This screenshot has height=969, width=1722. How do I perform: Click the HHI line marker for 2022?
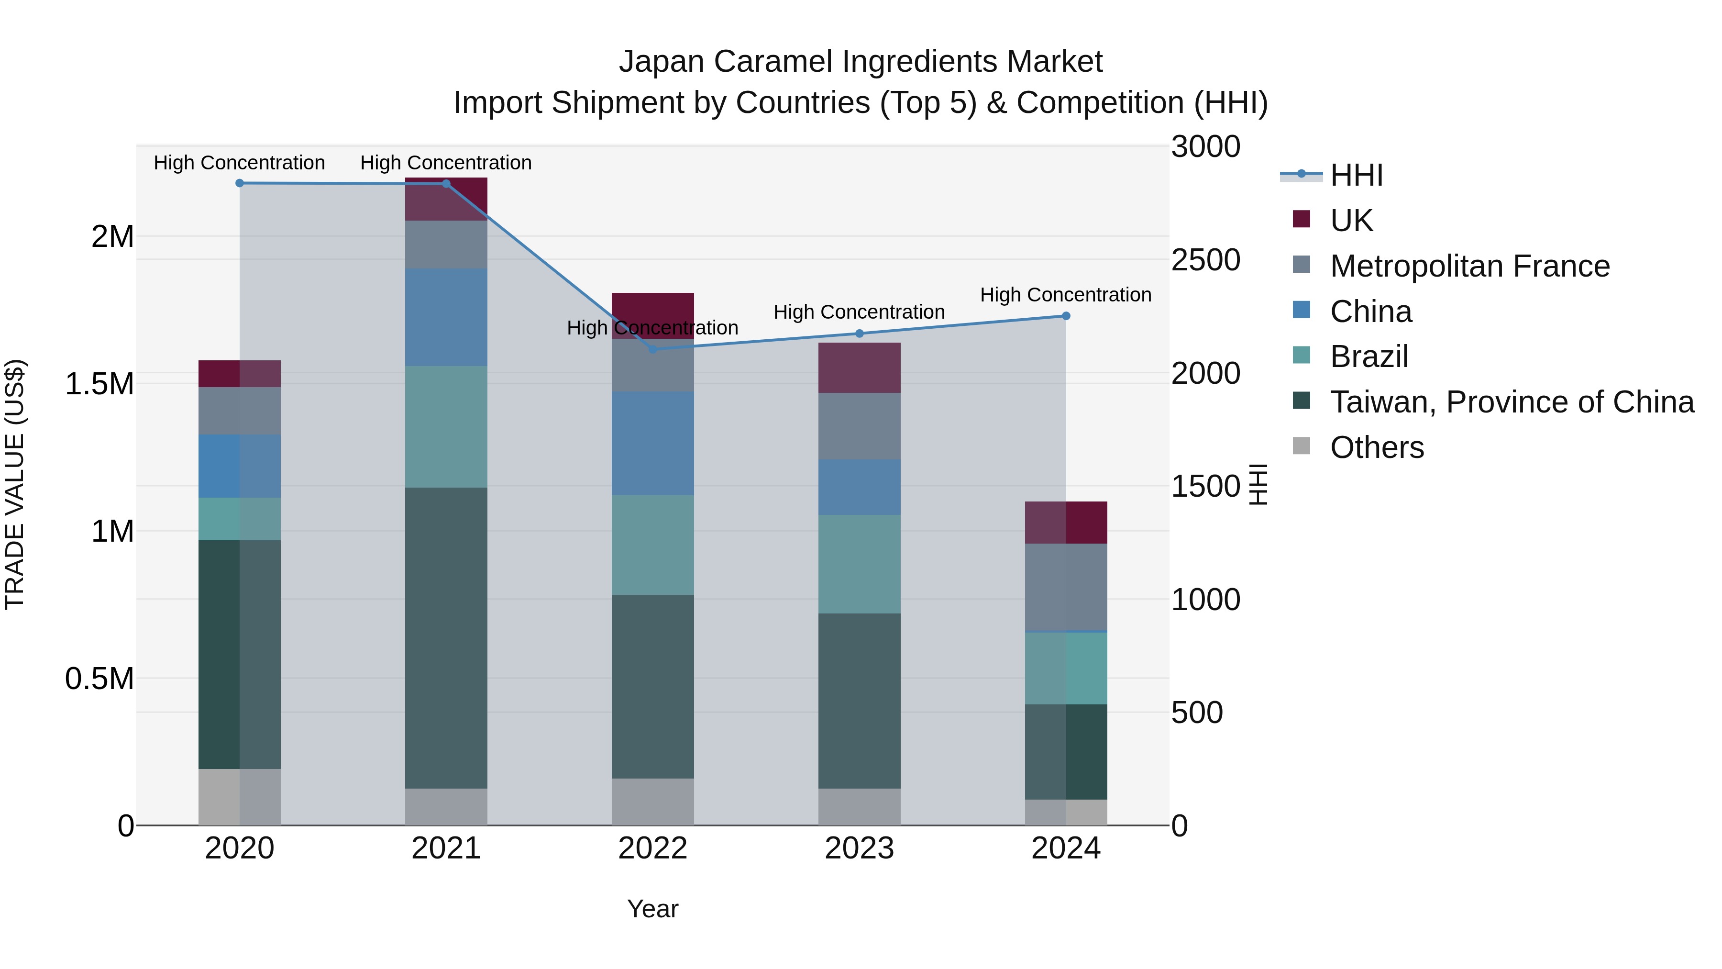pyautogui.click(x=652, y=349)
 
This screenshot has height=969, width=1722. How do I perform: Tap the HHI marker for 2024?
pyautogui.click(x=1066, y=316)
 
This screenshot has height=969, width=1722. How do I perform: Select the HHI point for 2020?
pyautogui.click(x=239, y=183)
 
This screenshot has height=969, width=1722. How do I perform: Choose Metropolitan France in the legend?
pyautogui.click(x=1469, y=266)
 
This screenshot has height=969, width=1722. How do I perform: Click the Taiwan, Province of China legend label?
pyautogui.click(x=1512, y=402)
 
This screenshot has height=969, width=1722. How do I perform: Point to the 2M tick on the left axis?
pyautogui.click(x=112, y=237)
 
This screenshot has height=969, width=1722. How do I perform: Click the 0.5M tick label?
pyautogui.click(x=99, y=679)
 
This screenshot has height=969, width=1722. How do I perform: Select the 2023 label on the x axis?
pyautogui.click(x=859, y=848)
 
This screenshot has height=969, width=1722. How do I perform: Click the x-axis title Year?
pyautogui.click(x=652, y=909)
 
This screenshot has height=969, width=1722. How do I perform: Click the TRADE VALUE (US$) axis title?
pyautogui.click(x=15, y=484)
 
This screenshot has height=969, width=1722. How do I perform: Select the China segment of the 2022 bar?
pyautogui.click(x=652, y=444)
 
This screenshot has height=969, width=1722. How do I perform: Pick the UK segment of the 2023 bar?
pyautogui.click(x=859, y=368)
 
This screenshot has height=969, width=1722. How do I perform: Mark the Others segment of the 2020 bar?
pyautogui.click(x=239, y=797)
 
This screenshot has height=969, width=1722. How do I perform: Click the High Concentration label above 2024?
pyautogui.click(x=1066, y=295)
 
